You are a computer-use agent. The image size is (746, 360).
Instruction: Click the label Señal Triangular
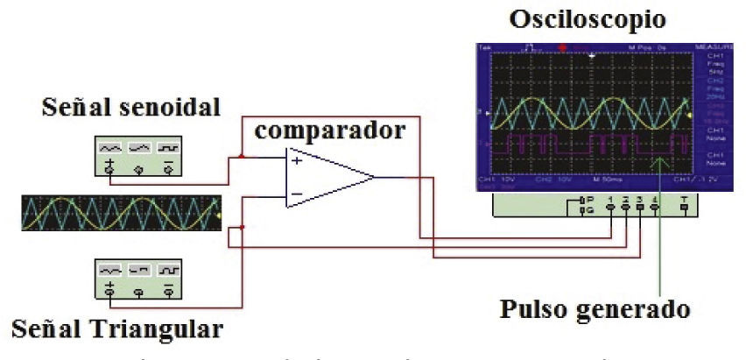(118, 330)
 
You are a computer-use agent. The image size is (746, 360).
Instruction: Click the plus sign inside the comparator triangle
(298, 160)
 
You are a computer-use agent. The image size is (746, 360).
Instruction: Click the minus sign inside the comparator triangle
(298, 194)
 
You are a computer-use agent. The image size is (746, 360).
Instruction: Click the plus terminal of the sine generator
(109, 167)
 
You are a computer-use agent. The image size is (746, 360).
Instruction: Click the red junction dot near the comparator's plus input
(242, 158)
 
